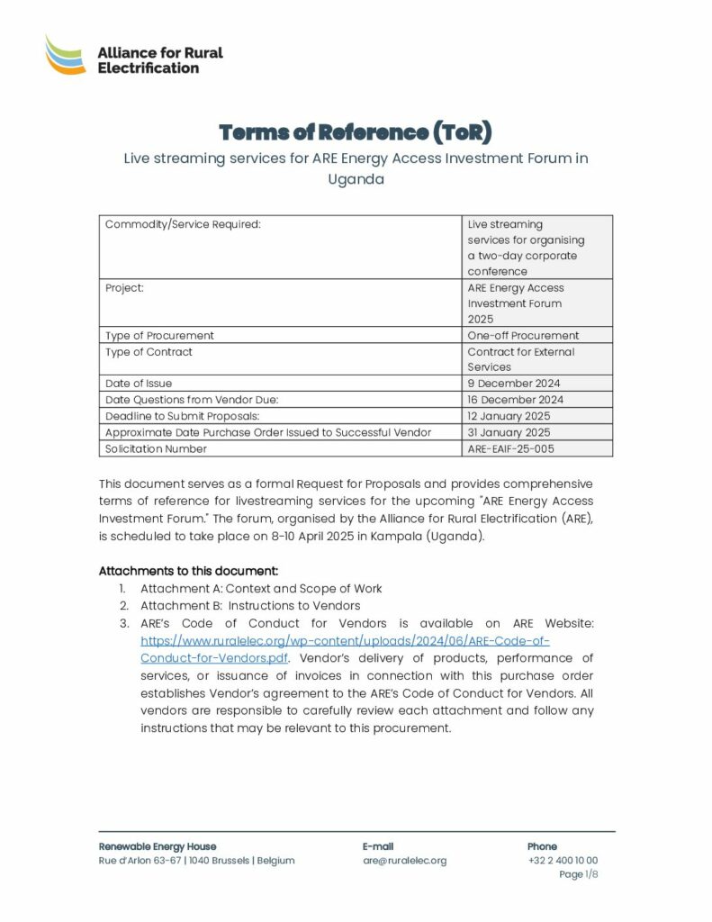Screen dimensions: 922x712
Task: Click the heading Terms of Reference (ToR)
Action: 356,132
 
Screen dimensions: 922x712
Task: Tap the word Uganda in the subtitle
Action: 356,178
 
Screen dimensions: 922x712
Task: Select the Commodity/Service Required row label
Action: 184,224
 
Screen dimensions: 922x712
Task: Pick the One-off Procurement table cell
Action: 523,335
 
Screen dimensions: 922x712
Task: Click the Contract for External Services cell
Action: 521,359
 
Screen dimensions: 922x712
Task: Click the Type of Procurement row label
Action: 160,335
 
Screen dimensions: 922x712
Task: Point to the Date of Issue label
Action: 139,384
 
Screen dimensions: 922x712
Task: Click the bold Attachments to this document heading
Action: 188,571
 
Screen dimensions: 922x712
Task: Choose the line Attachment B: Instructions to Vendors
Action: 250,606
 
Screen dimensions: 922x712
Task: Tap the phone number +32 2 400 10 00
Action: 563,860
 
